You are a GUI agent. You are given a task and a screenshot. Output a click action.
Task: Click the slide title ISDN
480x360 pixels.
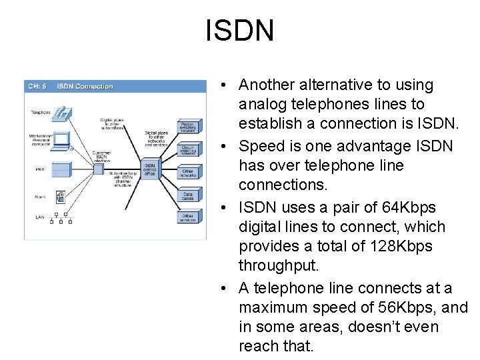pos(240,31)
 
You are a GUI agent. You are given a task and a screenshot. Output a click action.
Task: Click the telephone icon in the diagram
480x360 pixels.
pos(62,113)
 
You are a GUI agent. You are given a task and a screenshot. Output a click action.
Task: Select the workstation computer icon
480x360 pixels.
pos(62,141)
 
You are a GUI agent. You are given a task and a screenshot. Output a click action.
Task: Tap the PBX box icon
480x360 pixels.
pos(61,169)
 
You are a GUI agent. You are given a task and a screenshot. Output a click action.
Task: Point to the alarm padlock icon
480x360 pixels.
pos(61,197)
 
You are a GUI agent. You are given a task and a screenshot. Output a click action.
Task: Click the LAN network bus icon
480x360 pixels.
pos(61,217)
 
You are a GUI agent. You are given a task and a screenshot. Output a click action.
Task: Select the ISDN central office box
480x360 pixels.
pos(150,171)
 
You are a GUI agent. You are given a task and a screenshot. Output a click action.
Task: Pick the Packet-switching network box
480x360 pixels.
pos(187,127)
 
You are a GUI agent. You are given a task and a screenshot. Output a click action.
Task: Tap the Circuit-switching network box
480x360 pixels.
pos(187,150)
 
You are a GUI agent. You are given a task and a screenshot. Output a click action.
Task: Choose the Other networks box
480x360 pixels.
pos(187,173)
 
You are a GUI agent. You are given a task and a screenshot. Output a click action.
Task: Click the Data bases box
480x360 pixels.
pos(187,196)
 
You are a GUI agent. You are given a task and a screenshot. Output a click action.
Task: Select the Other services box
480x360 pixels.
pos(187,217)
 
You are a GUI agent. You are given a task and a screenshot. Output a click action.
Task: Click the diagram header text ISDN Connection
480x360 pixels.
pos(85,86)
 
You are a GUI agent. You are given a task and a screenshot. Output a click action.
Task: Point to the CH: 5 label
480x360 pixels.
pos(36,86)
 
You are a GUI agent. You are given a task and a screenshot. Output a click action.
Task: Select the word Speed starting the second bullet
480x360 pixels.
pos(262,145)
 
